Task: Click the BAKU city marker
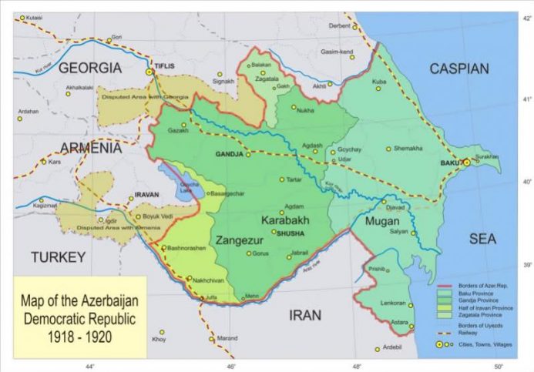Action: tap(466, 163)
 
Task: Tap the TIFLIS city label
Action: tap(170, 66)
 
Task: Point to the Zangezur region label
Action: tap(242, 239)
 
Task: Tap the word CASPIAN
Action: tap(459, 69)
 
